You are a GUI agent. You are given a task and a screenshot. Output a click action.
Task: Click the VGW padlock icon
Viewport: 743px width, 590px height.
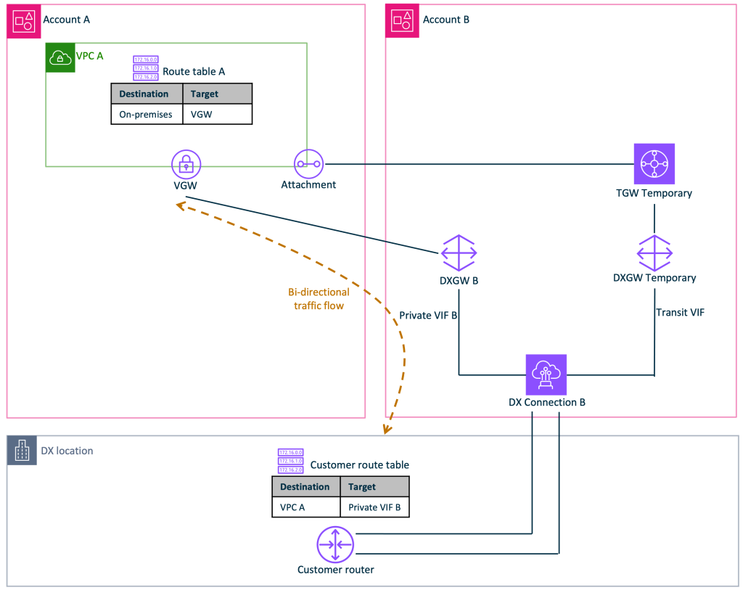coord(186,165)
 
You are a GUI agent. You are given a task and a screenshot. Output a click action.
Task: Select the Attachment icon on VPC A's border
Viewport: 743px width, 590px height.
coord(308,164)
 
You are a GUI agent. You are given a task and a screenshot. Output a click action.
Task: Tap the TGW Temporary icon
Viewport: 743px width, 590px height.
coord(654,164)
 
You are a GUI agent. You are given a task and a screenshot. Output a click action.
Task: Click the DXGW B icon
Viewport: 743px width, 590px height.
coord(459,253)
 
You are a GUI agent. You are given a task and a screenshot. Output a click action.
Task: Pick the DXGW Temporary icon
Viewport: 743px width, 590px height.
coord(654,253)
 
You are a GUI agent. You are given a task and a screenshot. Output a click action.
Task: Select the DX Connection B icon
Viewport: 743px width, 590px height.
coord(546,374)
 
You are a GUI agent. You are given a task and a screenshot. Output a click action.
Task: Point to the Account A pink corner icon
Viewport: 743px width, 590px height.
coord(20,20)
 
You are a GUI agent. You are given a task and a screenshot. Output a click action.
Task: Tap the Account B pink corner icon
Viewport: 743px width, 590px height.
coord(402,20)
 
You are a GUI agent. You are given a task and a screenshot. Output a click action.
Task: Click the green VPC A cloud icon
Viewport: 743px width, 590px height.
coord(60,57)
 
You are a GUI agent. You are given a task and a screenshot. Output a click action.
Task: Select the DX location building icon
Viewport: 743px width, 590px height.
coord(22,451)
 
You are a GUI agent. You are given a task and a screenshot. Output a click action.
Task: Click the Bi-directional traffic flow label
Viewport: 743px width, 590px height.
coord(319,298)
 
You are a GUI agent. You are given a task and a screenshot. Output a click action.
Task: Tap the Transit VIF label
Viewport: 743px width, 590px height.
coord(680,312)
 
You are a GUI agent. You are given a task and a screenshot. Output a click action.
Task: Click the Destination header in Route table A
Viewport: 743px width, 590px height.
coord(144,94)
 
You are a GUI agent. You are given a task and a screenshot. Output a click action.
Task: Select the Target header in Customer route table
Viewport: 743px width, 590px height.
coord(362,486)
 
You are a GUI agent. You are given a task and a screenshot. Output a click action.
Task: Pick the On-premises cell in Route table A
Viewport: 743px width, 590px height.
coord(146,114)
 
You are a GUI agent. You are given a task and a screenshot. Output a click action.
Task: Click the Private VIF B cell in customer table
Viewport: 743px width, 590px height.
coord(374,507)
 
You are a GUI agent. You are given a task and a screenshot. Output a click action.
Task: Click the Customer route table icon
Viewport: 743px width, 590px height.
coord(290,461)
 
